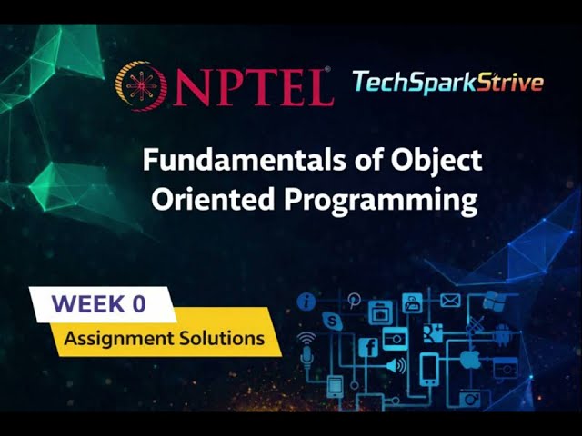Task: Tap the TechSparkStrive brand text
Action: pos(447,83)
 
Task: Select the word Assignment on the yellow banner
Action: pos(115,339)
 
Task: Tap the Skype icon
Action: pos(332,320)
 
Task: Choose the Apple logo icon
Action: pos(469,359)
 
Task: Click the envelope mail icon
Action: pos(450,301)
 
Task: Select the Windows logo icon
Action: pos(493,301)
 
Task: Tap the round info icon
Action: pos(307,302)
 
